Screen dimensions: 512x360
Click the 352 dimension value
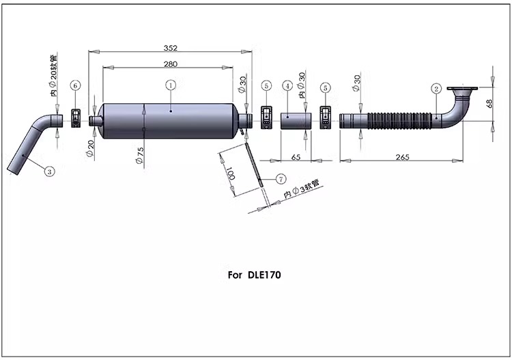pyautogui.click(x=171, y=48)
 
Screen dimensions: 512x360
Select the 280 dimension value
pyautogui.click(x=171, y=64)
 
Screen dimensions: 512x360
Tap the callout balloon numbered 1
pyautogui.click(x=171, y=85)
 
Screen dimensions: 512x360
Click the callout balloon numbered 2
pyautogui.click(x=436, y=89)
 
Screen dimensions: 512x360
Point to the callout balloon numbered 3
pyautogui.click(x=49, y=171)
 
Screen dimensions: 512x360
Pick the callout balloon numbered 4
pyautogui.click(x=287, y=86)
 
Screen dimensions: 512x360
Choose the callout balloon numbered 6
pyautogui.click(x=75, y=85)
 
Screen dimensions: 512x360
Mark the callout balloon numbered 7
pyautogui.click(x=281, y=179)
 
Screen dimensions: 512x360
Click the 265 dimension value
pyautogui.click(x=402, y=157)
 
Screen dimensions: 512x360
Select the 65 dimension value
pyautogui.click(x=296, y=157)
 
